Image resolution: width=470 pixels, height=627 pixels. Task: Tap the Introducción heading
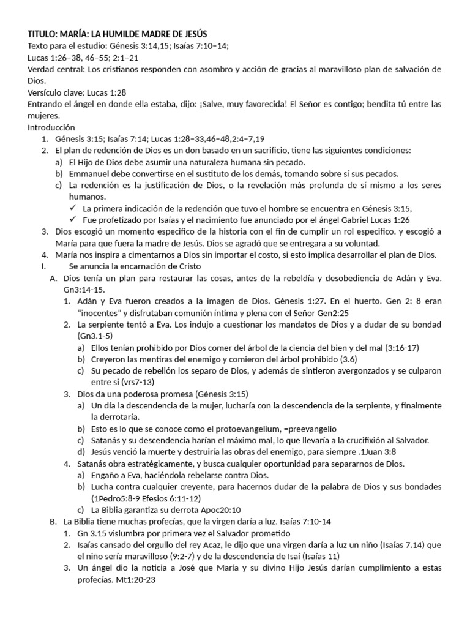tap(51, 127)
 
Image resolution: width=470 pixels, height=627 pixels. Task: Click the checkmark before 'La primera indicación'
tap(73, 208)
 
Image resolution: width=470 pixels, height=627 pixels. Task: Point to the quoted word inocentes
tap(102, 313)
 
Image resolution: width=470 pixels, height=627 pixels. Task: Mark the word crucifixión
tap(352, 440)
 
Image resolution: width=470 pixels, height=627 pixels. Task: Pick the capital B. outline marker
tap(52, 521)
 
